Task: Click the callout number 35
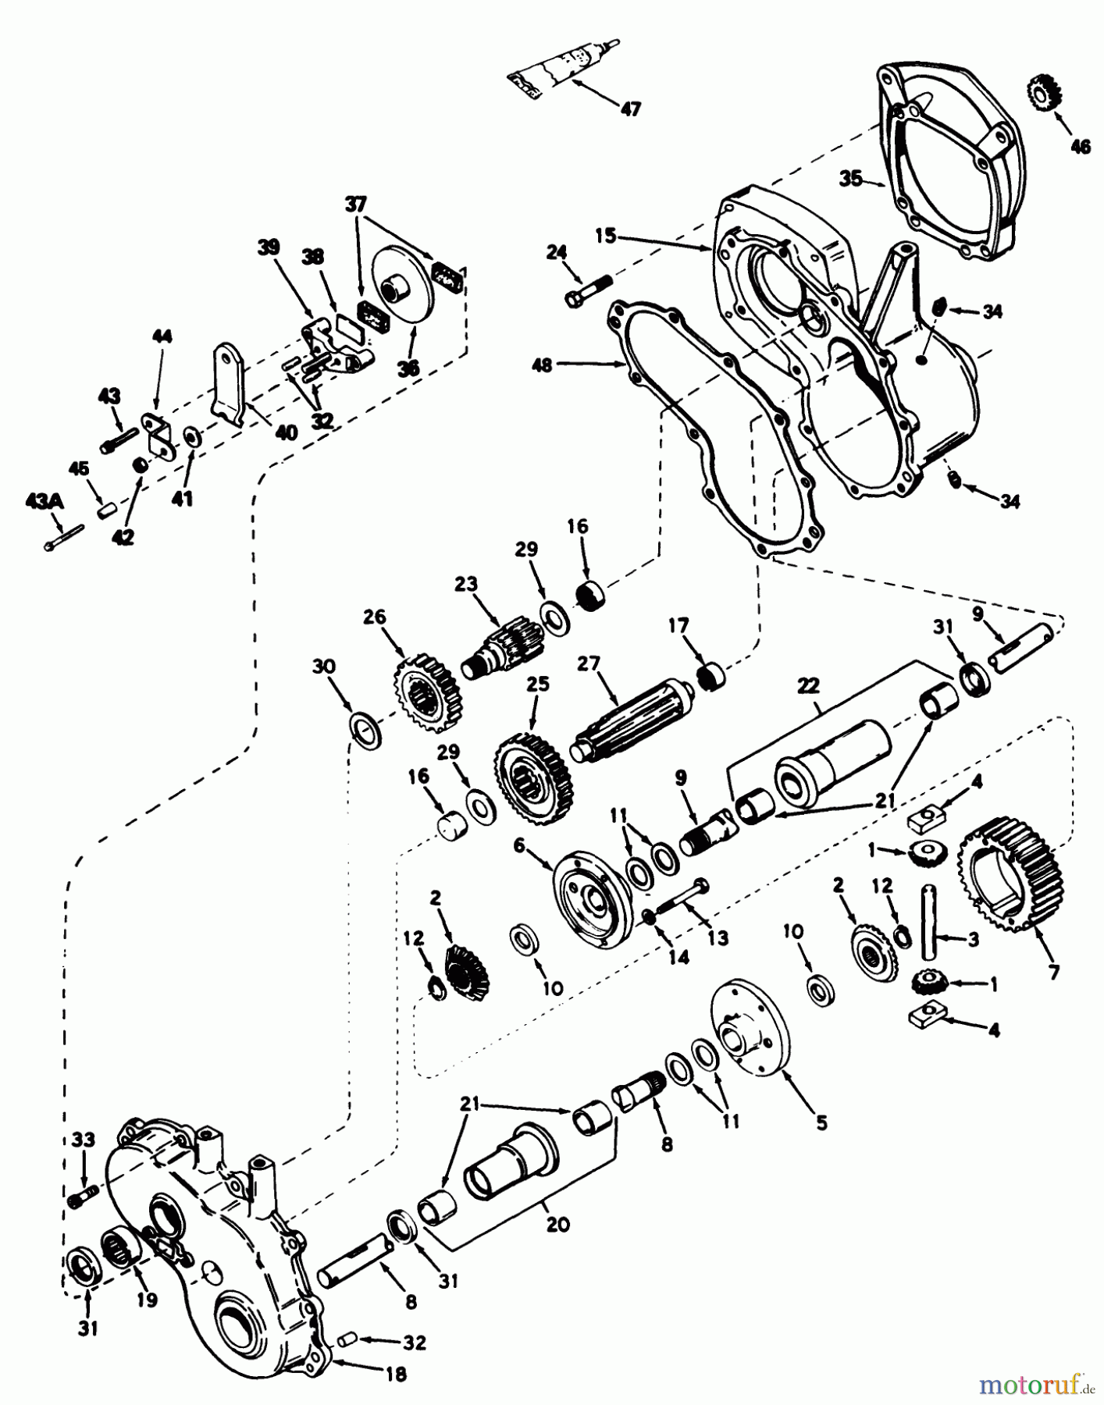click(x=851, y=178)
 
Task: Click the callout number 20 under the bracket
click(x=557, y=1223)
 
